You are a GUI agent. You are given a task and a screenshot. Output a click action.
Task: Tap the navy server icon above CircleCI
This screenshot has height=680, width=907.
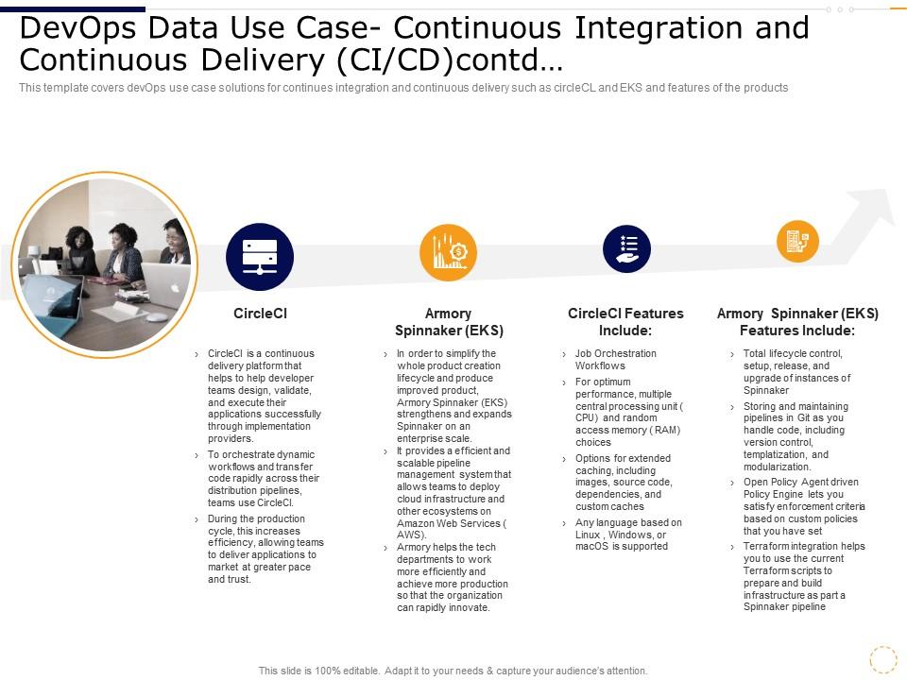(x=260, y=257)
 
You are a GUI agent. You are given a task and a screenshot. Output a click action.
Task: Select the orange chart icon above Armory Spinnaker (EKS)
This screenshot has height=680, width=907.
(x=448, y=253)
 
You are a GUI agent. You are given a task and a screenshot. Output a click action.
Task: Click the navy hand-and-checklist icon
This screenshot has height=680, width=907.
(x=627, y=249)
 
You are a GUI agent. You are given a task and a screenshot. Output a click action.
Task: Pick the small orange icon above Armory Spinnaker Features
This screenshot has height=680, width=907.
(x=797, y=241)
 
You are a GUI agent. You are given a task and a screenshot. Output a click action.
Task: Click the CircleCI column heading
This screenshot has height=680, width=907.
(x=260, y=313)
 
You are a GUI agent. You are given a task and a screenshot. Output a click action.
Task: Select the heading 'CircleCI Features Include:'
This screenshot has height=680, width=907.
(x=625, y=322)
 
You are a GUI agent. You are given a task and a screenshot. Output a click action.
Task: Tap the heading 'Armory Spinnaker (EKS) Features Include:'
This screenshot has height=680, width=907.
(x=797, y=322)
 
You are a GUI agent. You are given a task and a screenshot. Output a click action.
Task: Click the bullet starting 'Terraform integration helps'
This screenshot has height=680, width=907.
(x=803, y=576)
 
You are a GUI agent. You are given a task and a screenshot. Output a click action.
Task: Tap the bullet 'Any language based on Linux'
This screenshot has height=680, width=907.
(x=627, y=534)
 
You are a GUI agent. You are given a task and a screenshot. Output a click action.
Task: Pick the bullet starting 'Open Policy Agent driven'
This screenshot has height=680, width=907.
(x=803, y=506)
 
